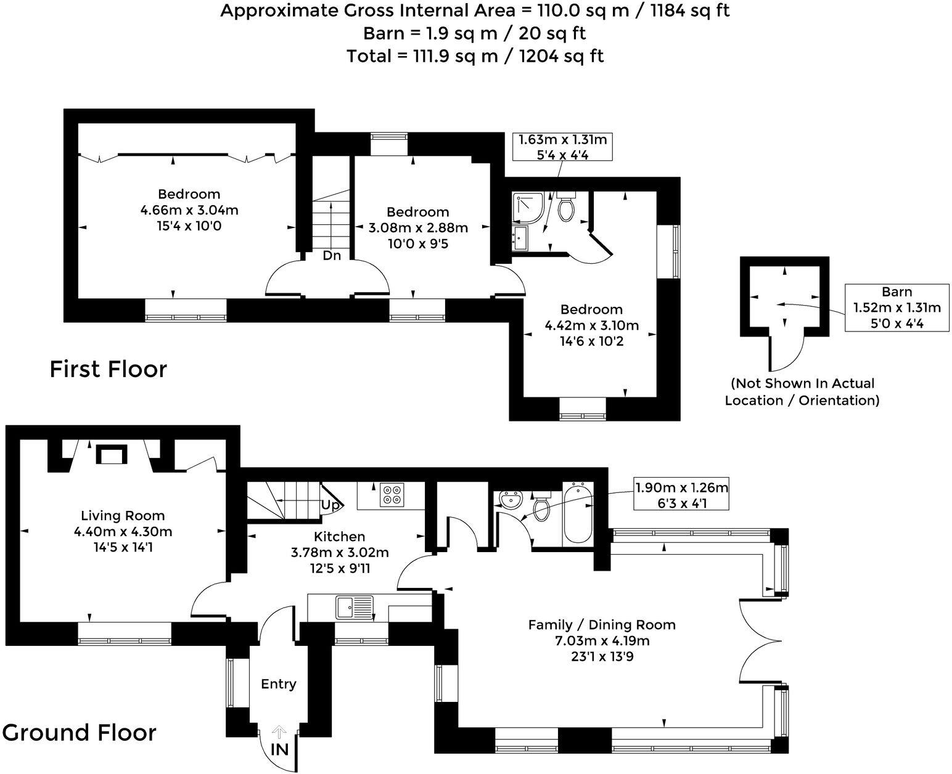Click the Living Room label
coord(123,515)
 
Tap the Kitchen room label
coord(340,536)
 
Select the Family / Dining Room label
coord(602,624)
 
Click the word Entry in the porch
coord(279,684)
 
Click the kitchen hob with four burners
coord(392,495)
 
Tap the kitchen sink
coord(355,608)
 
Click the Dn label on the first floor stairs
coord(332,256)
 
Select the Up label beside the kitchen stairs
coord(330,505)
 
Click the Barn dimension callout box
coord(897,308)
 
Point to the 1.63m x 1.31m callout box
coord(562,147)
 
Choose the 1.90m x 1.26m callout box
coord(681,495)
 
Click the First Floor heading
coord(108,369)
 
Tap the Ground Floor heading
coord(79,733)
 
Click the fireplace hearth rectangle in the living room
coord(112,455)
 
